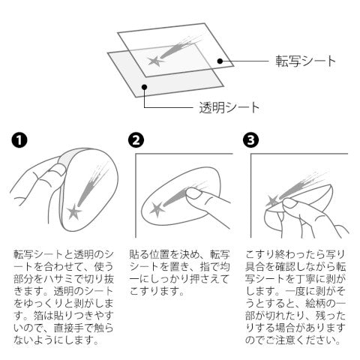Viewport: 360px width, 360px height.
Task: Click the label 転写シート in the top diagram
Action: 305,61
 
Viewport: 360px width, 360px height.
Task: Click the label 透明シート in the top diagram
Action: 229,107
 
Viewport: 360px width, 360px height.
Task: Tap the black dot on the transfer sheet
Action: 220,61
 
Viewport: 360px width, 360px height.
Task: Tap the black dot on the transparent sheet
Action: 144,87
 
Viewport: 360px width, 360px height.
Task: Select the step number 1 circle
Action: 19,140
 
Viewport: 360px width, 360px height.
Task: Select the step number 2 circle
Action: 136,140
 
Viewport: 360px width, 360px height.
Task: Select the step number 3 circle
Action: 250,140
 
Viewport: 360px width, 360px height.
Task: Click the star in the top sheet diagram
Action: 155,61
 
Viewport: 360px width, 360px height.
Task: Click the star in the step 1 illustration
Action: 74,212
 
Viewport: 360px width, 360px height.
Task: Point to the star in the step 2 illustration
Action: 157,209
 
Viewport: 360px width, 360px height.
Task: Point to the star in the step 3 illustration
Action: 271,201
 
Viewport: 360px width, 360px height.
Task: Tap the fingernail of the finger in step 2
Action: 193,193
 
